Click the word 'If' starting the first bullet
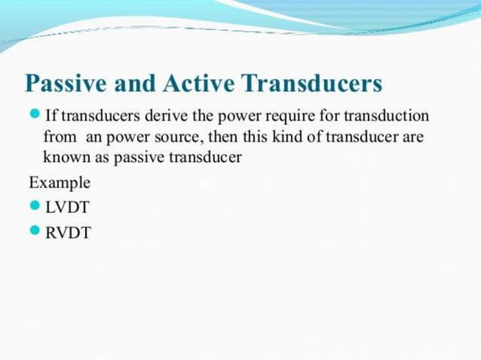point(51,117)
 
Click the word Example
point(60,183)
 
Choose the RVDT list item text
point(68,233)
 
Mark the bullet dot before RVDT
point(35,232)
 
